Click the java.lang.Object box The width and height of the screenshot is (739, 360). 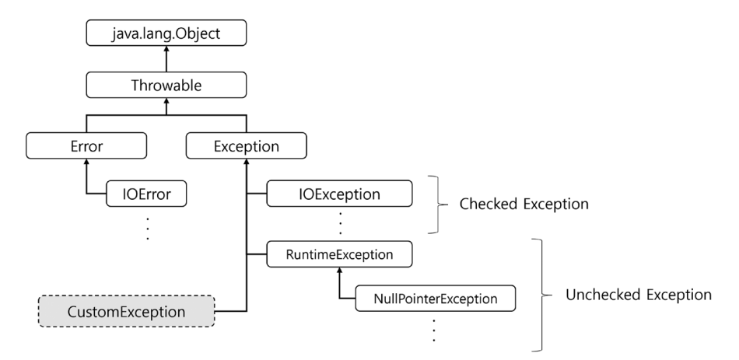click(166, 33)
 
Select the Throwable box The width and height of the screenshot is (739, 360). click(166, 85)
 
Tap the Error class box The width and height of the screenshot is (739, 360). click(86, 145)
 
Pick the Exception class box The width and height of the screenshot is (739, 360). click(246, 145)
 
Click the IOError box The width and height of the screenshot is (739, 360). click(146, 194)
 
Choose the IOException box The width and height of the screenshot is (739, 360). click(339, 194)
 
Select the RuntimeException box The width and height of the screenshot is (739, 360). click(339, 254)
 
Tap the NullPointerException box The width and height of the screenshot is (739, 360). click(436, 299)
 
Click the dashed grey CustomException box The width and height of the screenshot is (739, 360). click(126, 312)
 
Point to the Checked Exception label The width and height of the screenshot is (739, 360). click(524, 204)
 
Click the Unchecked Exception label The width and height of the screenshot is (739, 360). click(639, 295)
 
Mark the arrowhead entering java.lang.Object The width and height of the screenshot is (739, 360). click(166, 49)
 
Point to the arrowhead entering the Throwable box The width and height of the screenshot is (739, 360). click(166, 101)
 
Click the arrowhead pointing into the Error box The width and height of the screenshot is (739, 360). click(86, 162)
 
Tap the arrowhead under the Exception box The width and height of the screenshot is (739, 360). click(246, 162)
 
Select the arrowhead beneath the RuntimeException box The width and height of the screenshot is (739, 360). click(339, 271)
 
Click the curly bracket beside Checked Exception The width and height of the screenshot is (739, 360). click(439, 204)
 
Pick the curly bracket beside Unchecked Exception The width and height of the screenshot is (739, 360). click(542, 295)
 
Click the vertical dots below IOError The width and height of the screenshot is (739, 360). click(148, 229)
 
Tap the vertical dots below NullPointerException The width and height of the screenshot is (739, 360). click(433, 330)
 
